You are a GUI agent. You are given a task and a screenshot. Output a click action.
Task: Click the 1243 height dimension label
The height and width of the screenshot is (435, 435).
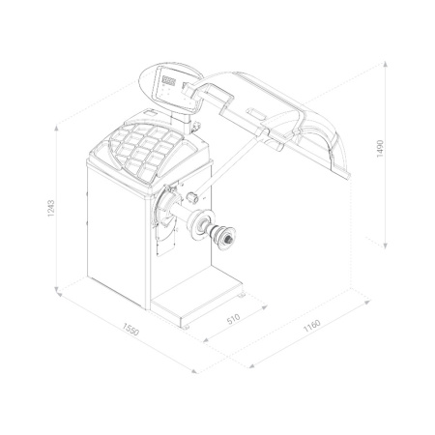[x=51, y=208]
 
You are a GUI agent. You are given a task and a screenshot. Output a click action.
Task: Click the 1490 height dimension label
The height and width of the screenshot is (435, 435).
[x=380, y=149]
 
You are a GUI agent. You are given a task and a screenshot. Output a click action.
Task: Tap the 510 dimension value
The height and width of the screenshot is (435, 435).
[x=234, y=319]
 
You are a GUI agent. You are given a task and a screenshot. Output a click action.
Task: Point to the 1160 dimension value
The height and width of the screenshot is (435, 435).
[x=312, y=325]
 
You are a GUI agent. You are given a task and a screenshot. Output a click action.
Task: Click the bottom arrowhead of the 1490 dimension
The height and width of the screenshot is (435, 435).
[x=386, y=246]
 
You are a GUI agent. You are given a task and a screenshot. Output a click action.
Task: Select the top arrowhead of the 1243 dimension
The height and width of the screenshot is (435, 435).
[x=56, y=128]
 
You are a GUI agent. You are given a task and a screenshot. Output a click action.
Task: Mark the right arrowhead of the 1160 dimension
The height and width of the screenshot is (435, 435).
[x=367, y=302]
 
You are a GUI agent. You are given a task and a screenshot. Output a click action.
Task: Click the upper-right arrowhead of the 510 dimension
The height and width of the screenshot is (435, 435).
[x=264, y=307]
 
